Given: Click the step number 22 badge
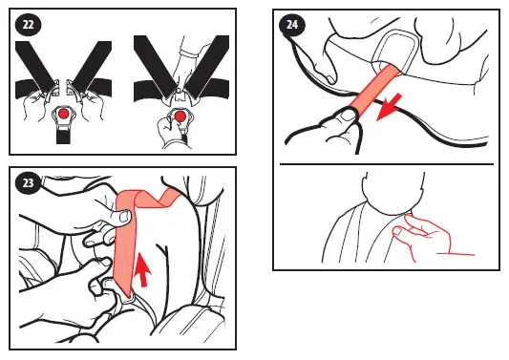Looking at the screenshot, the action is tap(29, 24).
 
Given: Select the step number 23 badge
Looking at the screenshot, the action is tap(29, 183).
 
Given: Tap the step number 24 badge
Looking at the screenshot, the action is tap(292, 25).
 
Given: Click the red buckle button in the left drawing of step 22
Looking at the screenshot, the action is tap(64, 114).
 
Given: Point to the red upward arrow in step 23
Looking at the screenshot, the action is tap(142, 269).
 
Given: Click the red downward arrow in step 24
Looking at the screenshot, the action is tap(389, 107).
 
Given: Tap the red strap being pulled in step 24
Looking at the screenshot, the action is tap(374, 89).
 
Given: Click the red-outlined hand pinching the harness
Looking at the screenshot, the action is tap(422, 235).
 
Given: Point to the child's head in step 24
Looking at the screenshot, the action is tap(393, 195).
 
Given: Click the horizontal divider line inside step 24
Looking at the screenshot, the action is tap(387, 164).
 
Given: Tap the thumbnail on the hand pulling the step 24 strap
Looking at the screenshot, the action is tap(349, 115).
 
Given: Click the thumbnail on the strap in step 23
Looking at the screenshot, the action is tap(124, 217).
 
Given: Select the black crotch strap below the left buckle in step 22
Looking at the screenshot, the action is tap(64, 137).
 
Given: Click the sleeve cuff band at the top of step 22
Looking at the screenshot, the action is tap(187, 53).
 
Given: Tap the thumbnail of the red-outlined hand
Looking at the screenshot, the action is tap(397, 232).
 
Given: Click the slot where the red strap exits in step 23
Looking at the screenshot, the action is tap(127, 296).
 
